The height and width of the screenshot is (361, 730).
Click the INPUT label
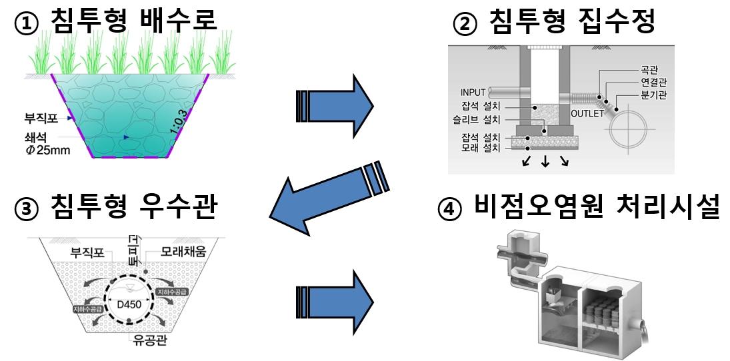tap(473, 92)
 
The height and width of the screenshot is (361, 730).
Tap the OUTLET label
tap(587, 113)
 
